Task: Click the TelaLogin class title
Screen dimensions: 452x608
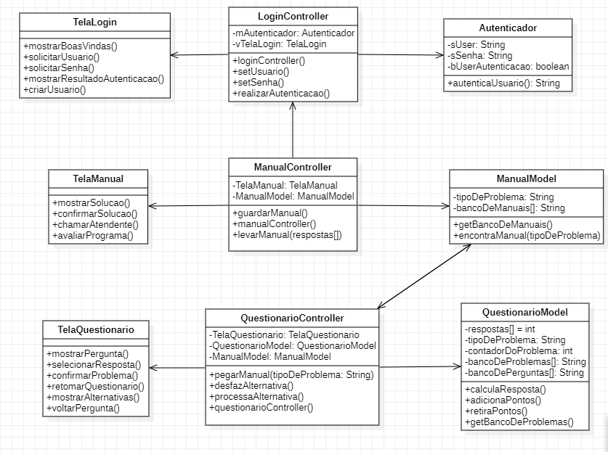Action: point(94,22)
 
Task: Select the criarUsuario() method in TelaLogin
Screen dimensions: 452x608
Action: point(55,90)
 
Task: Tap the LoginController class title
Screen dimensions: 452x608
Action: point(293,16)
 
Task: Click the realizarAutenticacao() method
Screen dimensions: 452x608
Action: point(281,93)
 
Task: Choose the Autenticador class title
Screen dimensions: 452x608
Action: point(508,28)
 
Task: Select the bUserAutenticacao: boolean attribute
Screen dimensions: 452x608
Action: point(508,66)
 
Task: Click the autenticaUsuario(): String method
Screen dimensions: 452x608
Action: point(503,83)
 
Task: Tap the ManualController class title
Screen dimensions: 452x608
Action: point(293,167)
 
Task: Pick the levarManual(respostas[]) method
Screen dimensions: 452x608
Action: point(287,235)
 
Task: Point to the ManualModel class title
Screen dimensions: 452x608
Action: point(526,178)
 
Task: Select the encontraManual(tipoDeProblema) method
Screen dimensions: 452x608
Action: point(526,235)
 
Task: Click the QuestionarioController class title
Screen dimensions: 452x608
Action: point(291,318)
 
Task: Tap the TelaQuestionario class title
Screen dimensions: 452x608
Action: point(96,329)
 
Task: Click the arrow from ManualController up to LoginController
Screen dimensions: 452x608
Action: point(293,131)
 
